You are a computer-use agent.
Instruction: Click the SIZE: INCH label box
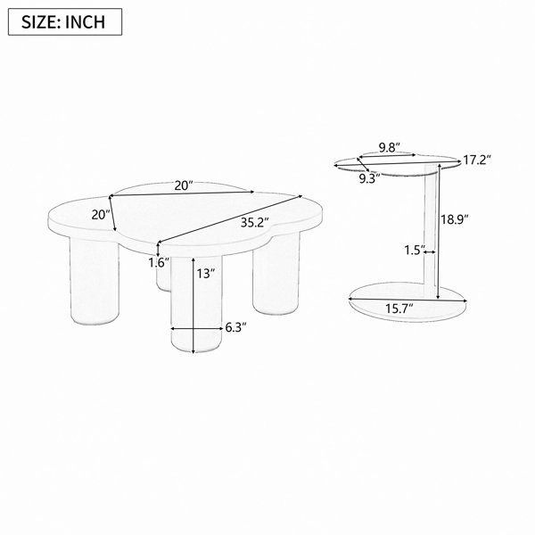click(x=65, y=21)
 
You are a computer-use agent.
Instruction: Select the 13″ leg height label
click(x=206, y=273)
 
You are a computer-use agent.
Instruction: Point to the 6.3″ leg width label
click(x=235, y=327)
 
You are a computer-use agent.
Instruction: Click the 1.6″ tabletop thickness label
click(x=159, y=262)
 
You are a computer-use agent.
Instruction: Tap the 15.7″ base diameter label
click(x=399, y=309)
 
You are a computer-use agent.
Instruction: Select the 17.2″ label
click(x=477, y=160)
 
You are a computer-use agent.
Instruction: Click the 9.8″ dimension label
click(x=390, y=148)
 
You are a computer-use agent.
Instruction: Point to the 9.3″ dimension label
click(x=369, y=178)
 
